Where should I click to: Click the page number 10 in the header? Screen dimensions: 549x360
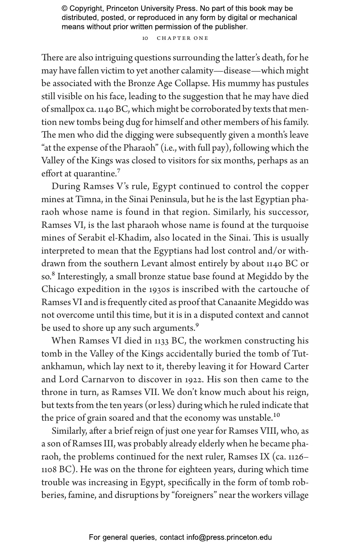145,38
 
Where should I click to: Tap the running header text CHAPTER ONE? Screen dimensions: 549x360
182,38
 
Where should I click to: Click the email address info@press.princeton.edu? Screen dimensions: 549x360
229,537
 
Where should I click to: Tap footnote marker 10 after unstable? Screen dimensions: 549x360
276,416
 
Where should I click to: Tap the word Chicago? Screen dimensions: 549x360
58,290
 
